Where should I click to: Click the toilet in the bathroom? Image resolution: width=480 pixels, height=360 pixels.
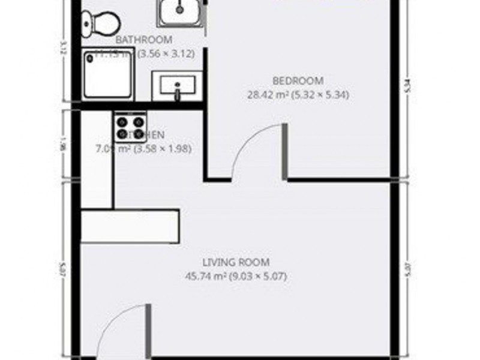click(101, 23)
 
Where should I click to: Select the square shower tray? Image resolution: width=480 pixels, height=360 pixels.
click(108, 74)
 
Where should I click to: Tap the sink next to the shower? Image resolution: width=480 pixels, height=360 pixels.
click(177, 86)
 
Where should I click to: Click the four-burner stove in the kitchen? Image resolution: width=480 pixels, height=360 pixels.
click(130, 127)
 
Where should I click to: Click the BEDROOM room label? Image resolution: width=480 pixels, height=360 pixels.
click(298, 80)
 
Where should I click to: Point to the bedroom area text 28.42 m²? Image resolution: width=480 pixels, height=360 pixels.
click(268, 94)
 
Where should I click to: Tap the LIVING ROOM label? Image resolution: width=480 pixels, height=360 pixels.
click(236, 262)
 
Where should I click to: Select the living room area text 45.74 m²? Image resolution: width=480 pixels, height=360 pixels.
click(208, 276)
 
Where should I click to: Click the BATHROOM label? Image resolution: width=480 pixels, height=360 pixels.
click(144, 40)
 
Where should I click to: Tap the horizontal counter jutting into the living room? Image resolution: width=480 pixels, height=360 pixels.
click(130, 226)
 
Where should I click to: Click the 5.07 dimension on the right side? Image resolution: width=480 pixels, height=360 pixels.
click(407, 266)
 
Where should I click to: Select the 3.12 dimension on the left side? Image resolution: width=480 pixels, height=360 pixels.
click(63, 49)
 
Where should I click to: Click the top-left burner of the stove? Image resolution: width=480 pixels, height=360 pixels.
click(122, 121)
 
